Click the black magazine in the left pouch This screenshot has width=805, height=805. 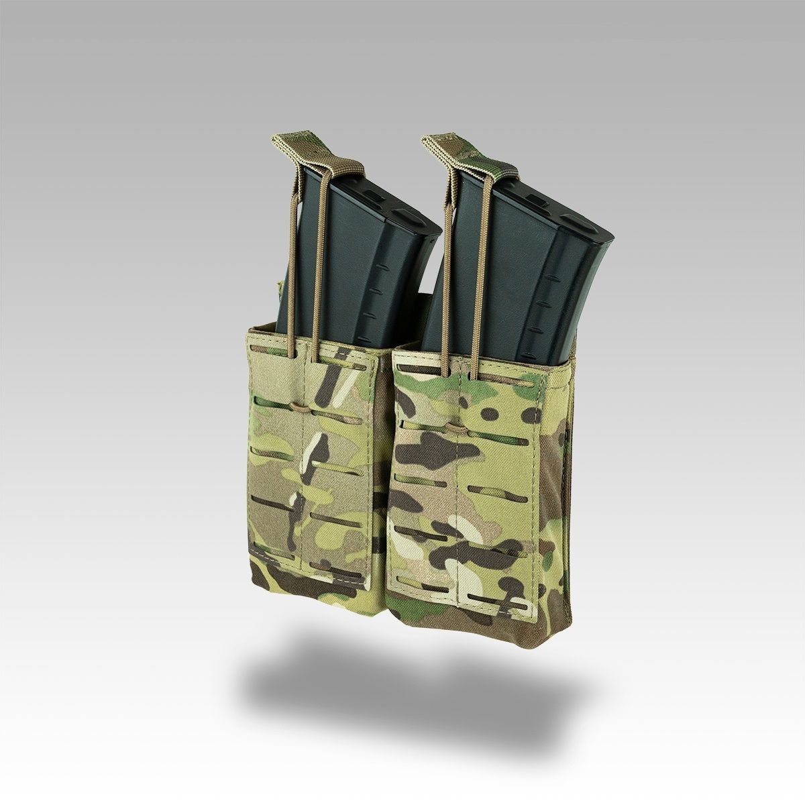click(356, 255)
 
